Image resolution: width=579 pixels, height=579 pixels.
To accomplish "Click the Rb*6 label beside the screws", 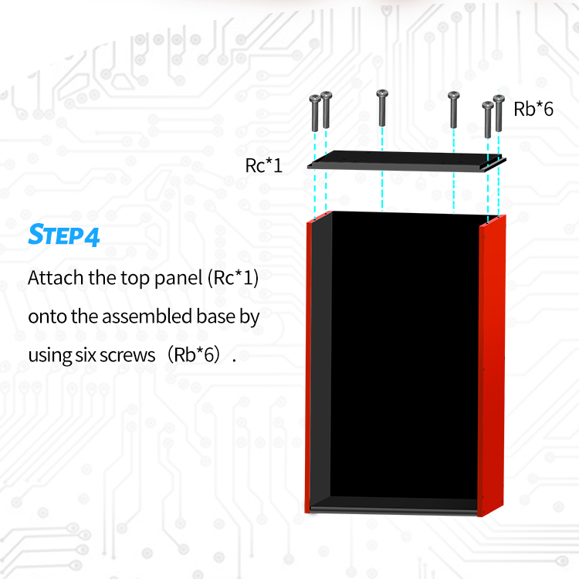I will (533, 109).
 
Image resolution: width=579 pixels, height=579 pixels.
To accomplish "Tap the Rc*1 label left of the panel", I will (264, 164).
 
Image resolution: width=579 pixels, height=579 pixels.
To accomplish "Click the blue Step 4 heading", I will (64, 235).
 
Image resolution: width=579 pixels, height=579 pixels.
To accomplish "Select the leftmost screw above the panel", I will (315, 113).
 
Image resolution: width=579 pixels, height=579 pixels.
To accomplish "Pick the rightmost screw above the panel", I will (499, 112).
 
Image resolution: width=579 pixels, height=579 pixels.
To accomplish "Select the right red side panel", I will (492, 363).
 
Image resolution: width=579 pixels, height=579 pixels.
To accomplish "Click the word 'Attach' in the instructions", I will (56, 278).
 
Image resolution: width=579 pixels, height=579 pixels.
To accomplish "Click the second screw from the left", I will (327, 110).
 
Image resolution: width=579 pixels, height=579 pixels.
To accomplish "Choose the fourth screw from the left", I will (453, 109).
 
